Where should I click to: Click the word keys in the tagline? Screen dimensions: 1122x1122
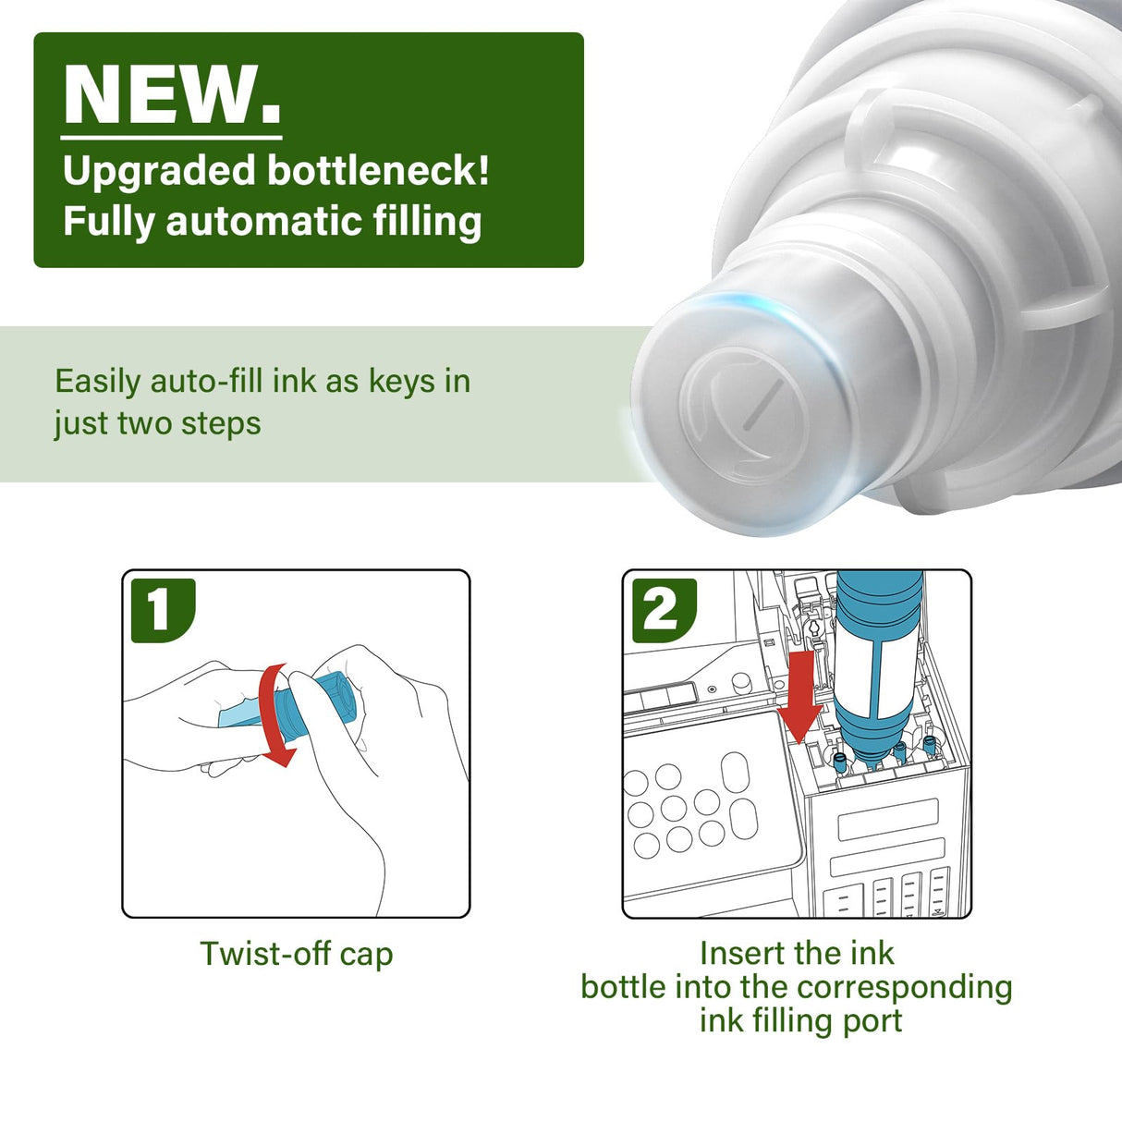pos(402,382)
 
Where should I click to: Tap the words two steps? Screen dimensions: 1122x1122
pos(189,423)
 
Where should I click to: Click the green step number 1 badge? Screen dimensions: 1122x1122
pos(163,611)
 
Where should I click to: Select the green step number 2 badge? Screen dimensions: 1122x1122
pos(665,611)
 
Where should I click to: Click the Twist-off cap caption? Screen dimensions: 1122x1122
pos(297,953)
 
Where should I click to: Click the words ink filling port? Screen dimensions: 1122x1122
pos(800,1020)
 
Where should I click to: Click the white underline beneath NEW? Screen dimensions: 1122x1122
pos(171,138)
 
